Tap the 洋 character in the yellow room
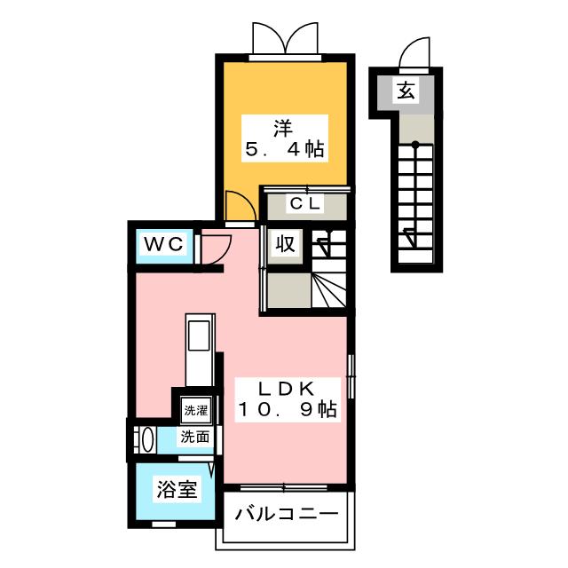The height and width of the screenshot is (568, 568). tap(283, 126)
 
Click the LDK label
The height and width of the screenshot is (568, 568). tap(286, 388)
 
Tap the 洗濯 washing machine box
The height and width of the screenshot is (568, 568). tap(195, 411)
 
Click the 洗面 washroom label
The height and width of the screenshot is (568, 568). tap(195, 437)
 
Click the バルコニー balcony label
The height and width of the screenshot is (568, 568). tap(286, 515)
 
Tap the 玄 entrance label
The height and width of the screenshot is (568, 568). tap(406, 89)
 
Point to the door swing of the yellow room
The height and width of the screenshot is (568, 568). tap(237, 209)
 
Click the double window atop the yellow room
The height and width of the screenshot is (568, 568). tap(284, 39)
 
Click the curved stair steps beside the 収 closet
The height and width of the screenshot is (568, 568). tap(329, 288)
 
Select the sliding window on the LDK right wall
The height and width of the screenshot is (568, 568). tap(351, 375)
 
